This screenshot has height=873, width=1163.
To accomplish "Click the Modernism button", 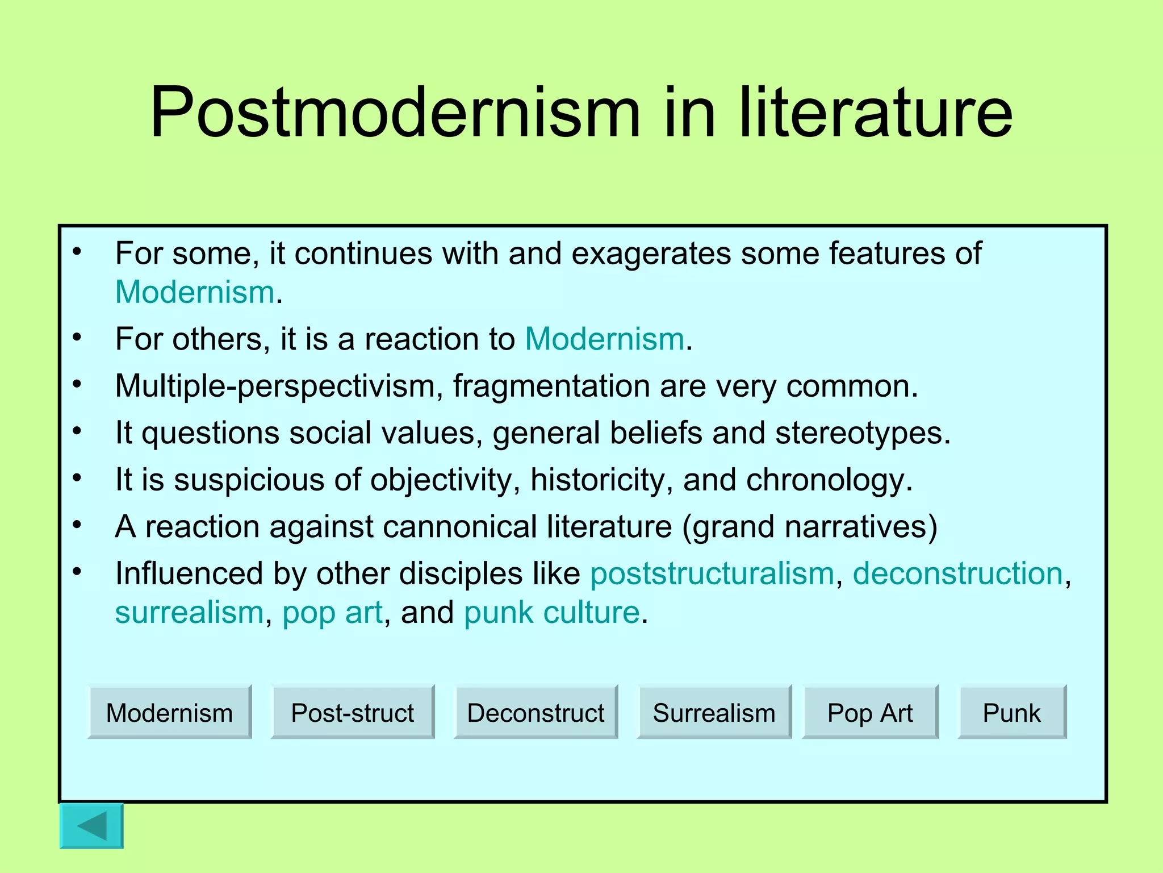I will (x=169, y=712).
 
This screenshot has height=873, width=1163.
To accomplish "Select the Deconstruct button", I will (x=536, y=712).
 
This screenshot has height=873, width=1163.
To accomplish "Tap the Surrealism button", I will (x=714, y=712).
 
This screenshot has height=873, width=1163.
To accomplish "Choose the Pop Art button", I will (x=870, y=712).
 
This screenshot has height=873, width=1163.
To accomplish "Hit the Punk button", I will (x=1012, y=712).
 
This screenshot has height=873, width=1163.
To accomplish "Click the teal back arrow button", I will (x=91, y=825).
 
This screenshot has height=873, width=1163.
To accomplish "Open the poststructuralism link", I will (x=712, y=573).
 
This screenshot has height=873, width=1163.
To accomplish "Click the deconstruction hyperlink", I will (x=957, y=573).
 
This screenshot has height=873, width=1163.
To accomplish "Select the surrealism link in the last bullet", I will (x=189, y=613).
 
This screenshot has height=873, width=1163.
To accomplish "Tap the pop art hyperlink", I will (x=332, y=613).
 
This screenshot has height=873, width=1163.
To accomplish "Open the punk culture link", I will (x=551, y=613).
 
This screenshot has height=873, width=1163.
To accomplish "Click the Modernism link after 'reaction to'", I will (x=604, y=339).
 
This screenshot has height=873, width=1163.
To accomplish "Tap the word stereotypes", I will (x=862, y=433).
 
